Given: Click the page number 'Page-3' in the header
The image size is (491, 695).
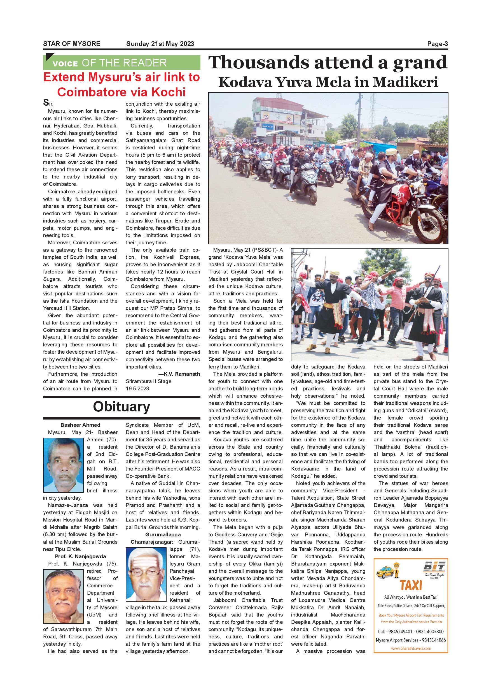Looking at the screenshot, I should (x=437, y=44).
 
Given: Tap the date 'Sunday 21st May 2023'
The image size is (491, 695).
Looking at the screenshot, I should (x=160, y=44).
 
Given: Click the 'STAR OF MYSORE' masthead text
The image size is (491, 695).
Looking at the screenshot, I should (x=72, y=44).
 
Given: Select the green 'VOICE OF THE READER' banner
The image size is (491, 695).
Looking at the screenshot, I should (x=121, y=63).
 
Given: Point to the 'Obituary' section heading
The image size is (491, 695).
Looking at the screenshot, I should (x=121, y=407).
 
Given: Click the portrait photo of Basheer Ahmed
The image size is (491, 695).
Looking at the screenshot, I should (x=63, y=465).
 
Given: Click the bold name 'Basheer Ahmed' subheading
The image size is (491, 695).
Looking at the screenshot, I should (x=80, y=425).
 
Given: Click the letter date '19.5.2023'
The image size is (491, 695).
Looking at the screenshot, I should (x=137, y=389).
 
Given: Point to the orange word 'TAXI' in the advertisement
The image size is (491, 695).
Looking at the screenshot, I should (x=411, y=585).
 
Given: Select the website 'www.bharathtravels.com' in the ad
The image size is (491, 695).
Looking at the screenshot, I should (x=411, y=648).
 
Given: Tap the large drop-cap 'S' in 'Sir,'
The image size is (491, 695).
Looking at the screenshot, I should (x=46, y=103).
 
